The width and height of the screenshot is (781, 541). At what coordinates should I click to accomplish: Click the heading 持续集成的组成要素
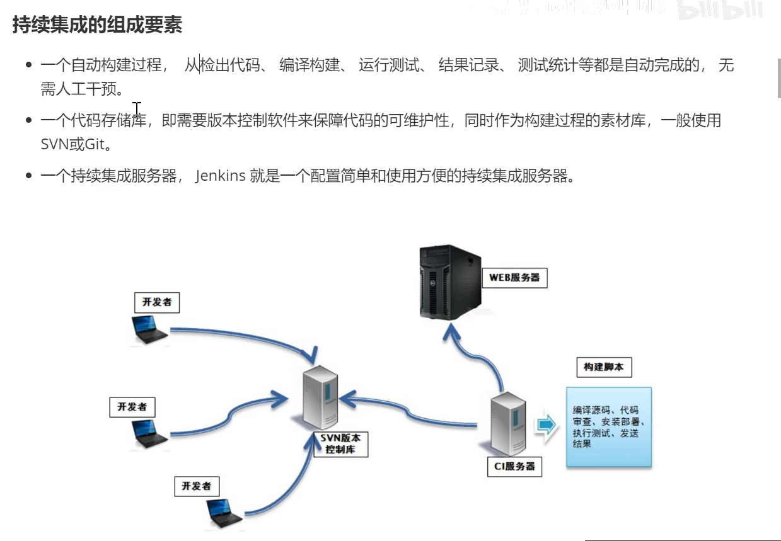(x=97, y=26)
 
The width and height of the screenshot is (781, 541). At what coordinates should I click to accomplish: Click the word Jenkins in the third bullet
(x=220, y=176)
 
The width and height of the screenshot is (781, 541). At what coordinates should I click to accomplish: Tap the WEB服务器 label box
(x=514, y=277)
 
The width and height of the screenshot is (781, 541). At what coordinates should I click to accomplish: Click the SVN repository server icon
(x=321, y=397)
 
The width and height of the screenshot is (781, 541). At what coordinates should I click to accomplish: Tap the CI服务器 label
(x=514, y=466)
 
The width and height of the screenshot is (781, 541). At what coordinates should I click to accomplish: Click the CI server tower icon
(x=508, y=424)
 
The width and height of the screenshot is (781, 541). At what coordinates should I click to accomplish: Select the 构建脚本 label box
(x=603, y=367)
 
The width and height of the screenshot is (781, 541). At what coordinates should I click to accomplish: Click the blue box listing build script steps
(x=608, y=426)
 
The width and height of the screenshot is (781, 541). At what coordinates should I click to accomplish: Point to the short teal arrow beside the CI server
(x=547, y=425)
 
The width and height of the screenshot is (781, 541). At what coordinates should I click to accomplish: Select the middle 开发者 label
(x=132, y=407)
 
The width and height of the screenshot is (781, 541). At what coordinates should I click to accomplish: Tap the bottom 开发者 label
(x=196, y=486)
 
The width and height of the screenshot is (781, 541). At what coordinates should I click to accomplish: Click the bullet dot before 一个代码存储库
(x=29, y=120)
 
